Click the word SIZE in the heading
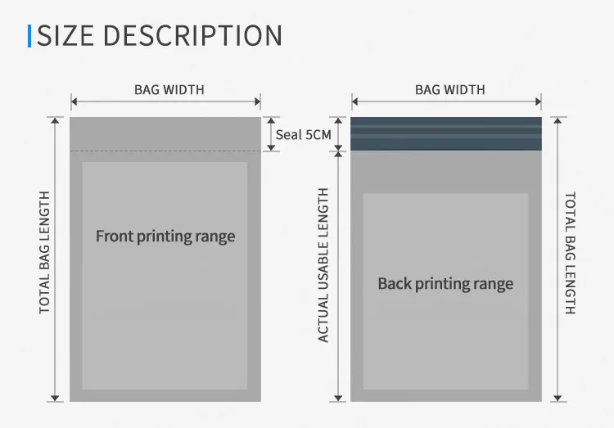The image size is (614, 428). [65, 36]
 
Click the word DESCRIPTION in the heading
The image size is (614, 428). [192, 36]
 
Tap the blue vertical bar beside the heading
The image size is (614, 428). [29, 36]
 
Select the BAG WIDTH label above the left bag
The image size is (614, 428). [169, 90]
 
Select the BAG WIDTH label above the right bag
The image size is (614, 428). [450, 90]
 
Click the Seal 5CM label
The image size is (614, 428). [304, 135]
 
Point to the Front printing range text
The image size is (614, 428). [165, 237]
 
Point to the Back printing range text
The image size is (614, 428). [445, 284]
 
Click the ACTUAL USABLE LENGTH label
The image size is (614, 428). [323, 265]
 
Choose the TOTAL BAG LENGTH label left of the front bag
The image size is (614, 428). [44, 253]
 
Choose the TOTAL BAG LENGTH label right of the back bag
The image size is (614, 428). [570, 253]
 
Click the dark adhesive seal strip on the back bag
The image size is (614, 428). [446, 133]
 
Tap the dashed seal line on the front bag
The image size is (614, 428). [165, 151]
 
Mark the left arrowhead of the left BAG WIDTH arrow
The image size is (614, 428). [74, 101]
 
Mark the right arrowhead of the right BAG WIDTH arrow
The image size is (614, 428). [539, 101]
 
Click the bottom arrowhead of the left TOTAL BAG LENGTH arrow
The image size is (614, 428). [55, 399]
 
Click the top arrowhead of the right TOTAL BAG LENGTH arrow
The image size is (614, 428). [558, 120]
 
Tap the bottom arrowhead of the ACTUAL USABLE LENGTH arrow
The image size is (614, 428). [338, 399]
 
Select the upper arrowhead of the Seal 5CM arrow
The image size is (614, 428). [271, 120]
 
